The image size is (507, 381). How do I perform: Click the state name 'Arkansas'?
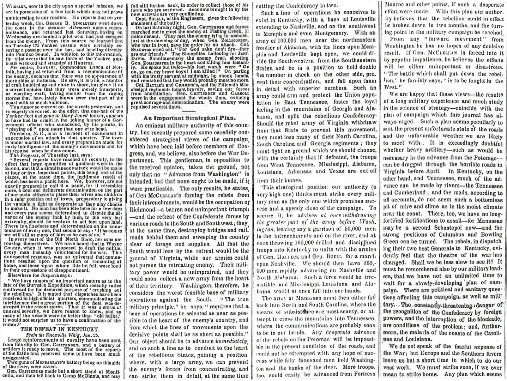(331, 171)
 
